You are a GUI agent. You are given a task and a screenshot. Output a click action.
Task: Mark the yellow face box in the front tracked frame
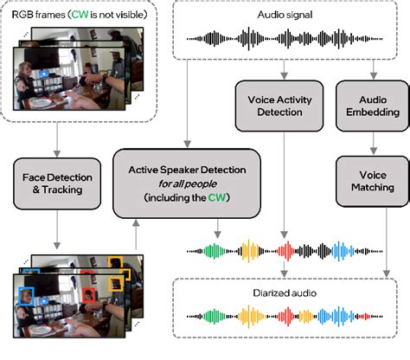(x=121, y=278)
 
